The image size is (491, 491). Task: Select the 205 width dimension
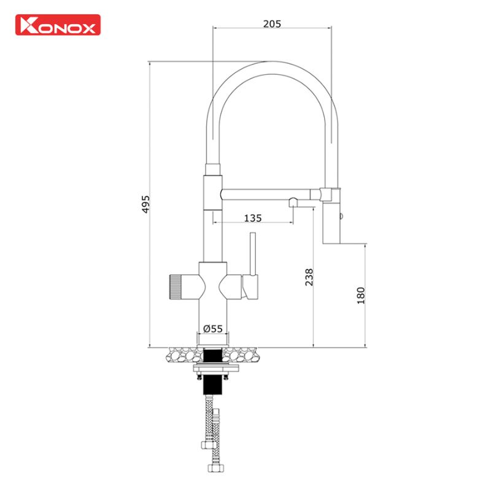coord(271,24)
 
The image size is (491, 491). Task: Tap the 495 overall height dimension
coord(145,204)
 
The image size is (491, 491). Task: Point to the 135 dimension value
coord(253,218)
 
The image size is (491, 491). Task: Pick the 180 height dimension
coord(361,295)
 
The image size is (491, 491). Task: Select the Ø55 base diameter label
coord(212,329)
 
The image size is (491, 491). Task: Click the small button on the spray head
coord(341,215)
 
